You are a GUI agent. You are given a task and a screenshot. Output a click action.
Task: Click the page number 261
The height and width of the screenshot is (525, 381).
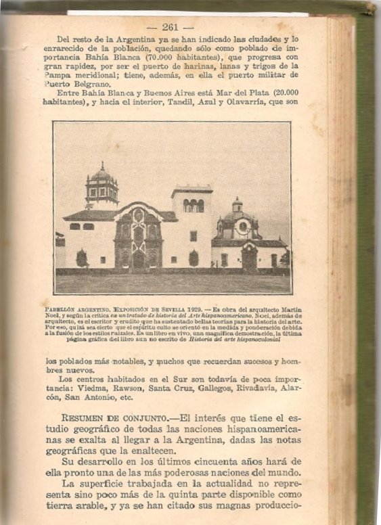(170, 27)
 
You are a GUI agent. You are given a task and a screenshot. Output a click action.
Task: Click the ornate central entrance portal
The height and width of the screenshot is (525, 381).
(139, 240)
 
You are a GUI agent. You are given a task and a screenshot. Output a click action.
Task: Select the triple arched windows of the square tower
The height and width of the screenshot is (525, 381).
(192, 205)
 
